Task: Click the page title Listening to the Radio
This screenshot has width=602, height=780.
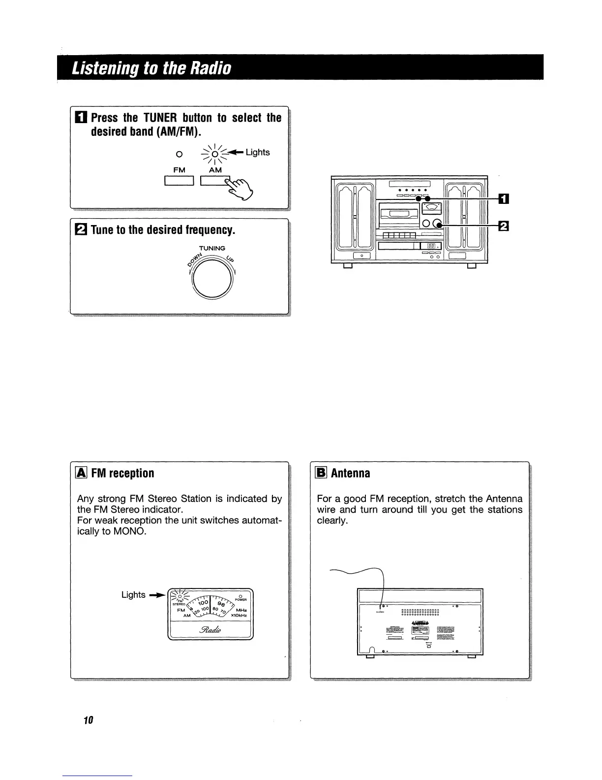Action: tap(151, 67)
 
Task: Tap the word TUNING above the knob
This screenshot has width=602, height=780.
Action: tap(212, 248)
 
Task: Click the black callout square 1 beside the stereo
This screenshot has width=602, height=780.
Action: tap(504, 199)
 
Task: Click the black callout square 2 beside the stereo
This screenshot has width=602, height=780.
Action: tap(504, 226)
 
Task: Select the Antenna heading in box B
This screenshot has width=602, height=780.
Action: tap(351, 473)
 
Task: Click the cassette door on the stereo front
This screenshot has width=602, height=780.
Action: tap(397, 214)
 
